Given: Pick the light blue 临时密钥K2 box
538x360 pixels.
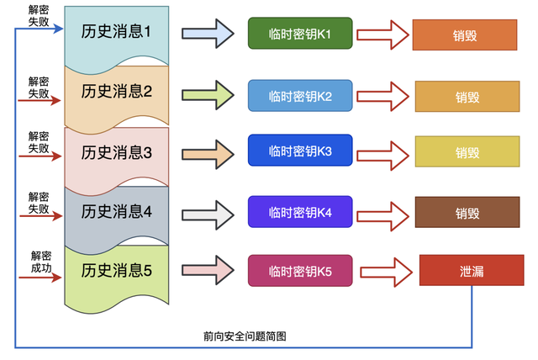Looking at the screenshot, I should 300,96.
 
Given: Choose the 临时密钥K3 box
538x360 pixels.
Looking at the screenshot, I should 300,151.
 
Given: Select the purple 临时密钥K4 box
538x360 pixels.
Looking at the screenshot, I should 300,212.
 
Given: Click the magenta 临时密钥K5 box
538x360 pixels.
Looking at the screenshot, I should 300,271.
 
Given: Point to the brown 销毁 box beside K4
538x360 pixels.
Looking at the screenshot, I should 468,212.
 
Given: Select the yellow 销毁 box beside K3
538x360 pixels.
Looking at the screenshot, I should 468,152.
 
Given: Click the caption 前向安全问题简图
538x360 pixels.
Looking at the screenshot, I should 245,336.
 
